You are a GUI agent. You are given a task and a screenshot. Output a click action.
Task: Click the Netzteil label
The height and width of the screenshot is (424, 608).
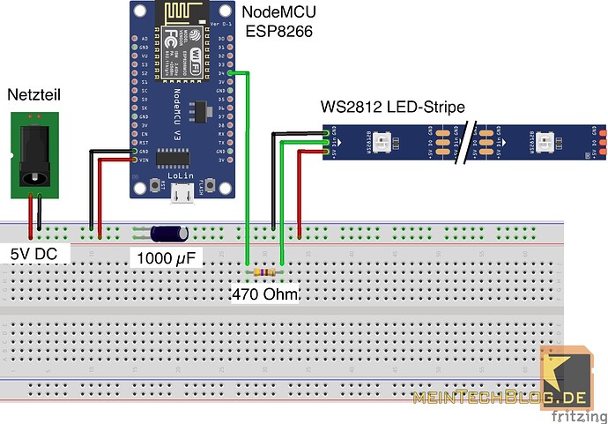pyautogui.click(x=33, y=93)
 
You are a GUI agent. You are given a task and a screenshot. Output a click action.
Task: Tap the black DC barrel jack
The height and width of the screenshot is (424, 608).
pyautogui.click(x=33, y=155)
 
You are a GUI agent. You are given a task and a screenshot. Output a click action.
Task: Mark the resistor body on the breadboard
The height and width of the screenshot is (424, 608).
pyautogui.click(x=263, y=261)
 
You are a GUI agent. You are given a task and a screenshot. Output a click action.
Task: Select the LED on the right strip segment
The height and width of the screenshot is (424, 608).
pyautogui.click(x=549, y=140)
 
